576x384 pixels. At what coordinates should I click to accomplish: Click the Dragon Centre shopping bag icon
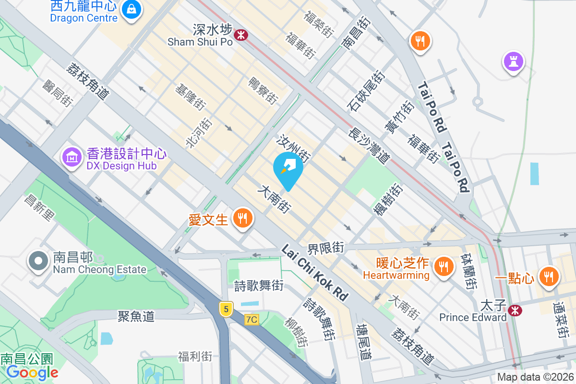click(131, 9)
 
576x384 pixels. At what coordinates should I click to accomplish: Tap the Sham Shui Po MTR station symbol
click(240, 35)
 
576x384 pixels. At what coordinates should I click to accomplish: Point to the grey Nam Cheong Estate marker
click(39, 261)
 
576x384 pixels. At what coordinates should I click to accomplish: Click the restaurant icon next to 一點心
click(548, 276)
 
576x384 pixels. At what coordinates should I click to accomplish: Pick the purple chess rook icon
click(514, 61)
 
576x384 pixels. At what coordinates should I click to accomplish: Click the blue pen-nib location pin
click(288, 168)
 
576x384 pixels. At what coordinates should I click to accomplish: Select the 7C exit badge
click(252, 319)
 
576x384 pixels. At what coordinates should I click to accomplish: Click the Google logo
click(33, 372)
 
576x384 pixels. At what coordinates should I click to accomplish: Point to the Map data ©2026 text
click(535, 377)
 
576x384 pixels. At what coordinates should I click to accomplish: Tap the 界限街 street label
click(326, 248)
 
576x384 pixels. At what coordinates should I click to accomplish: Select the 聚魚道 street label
click(136, 316)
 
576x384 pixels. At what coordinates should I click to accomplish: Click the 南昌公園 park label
click(27, 359)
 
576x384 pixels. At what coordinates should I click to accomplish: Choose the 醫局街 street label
click(57, 93)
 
